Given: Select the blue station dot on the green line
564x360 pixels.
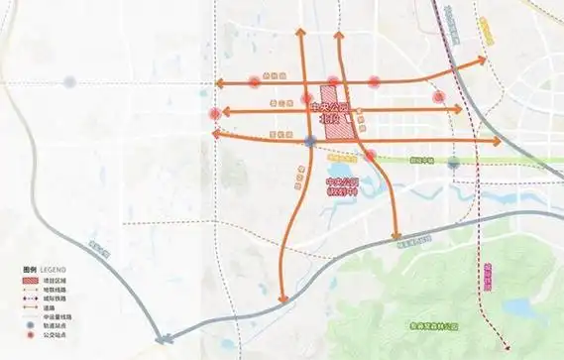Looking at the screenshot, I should (453, 162).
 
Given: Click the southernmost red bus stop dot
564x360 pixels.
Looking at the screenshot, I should (370, 155).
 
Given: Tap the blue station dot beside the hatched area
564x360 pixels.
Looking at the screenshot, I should (310, 142).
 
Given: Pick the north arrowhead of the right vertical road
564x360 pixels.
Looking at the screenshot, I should (337, 36).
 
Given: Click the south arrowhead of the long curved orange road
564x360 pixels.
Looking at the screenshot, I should (283, 299).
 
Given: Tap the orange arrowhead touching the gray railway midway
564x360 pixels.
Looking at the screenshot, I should (395, 239).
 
